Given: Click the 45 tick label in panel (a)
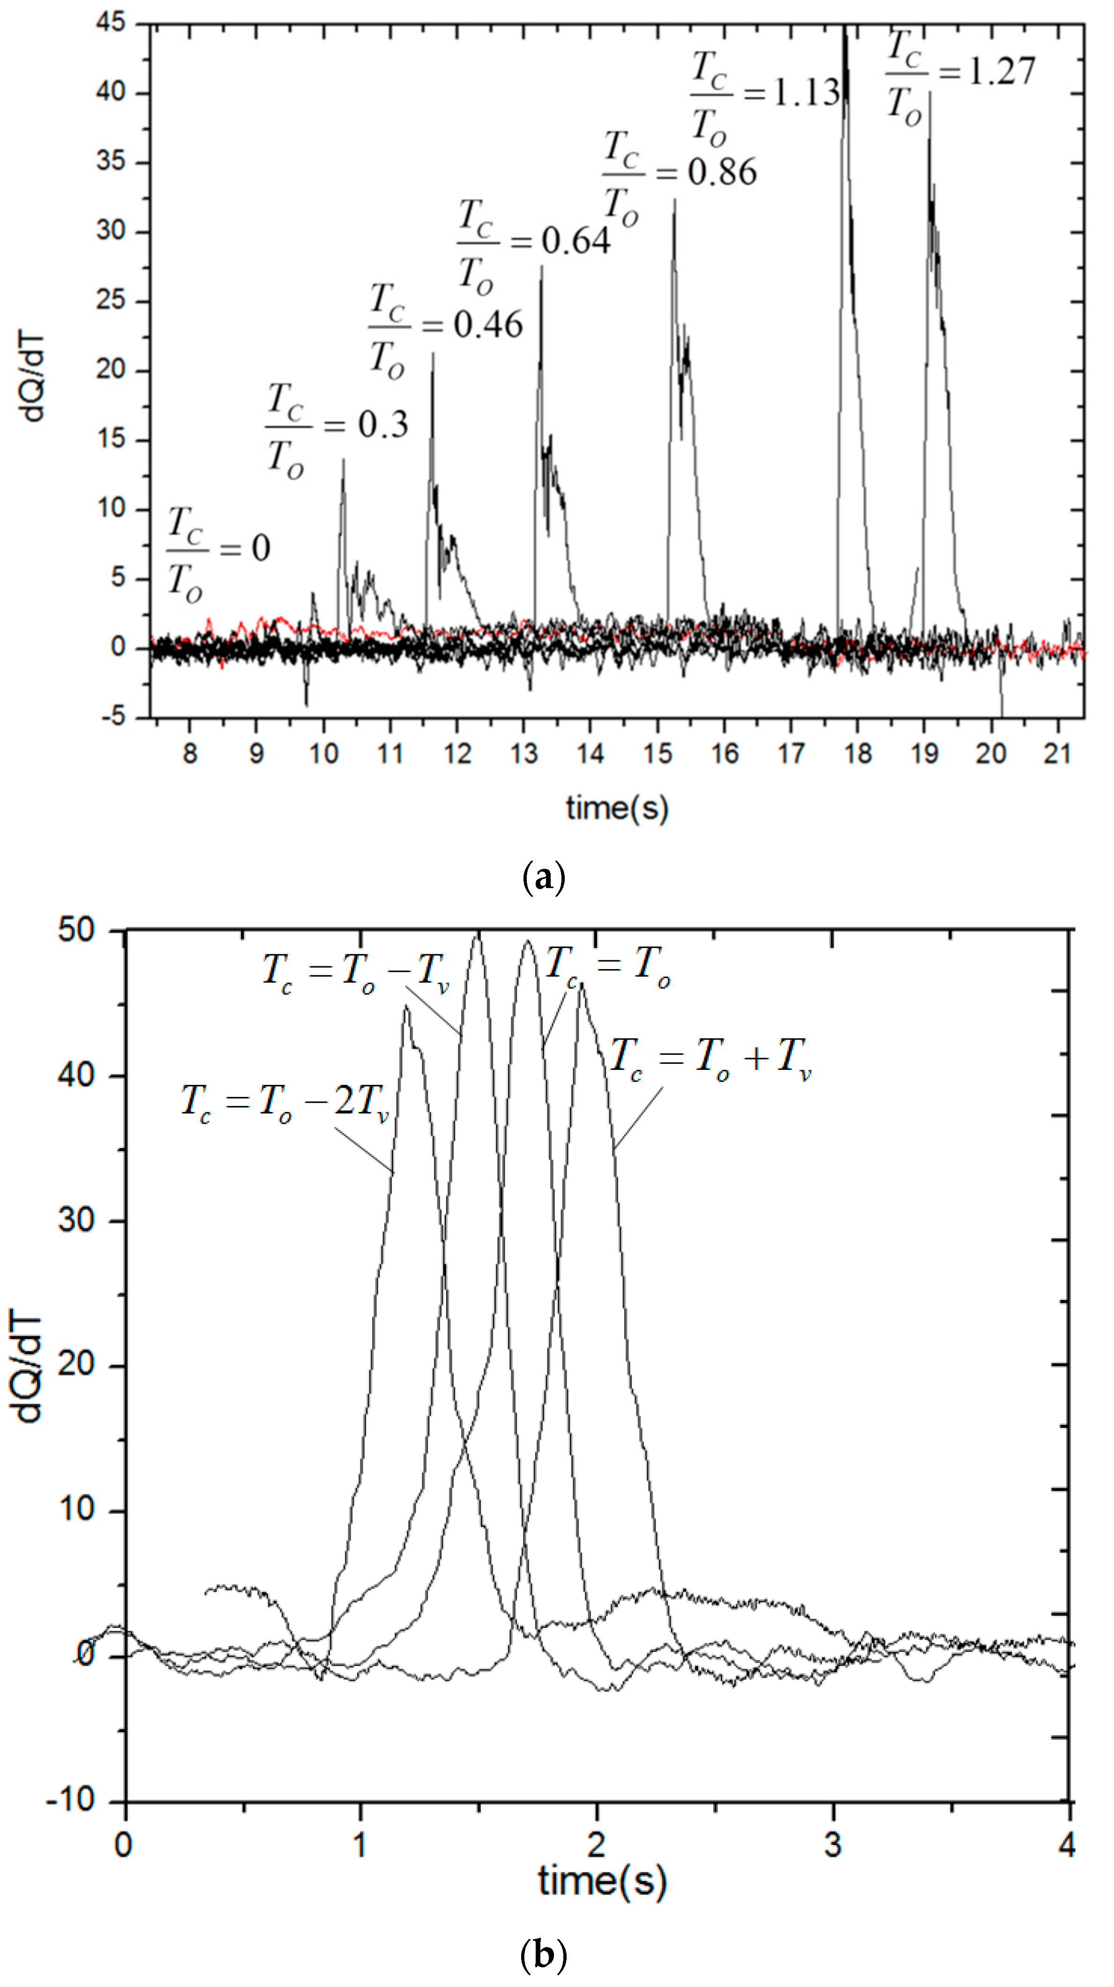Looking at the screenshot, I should [x=110, y=23].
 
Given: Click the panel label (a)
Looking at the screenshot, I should [x=544, y=878].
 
